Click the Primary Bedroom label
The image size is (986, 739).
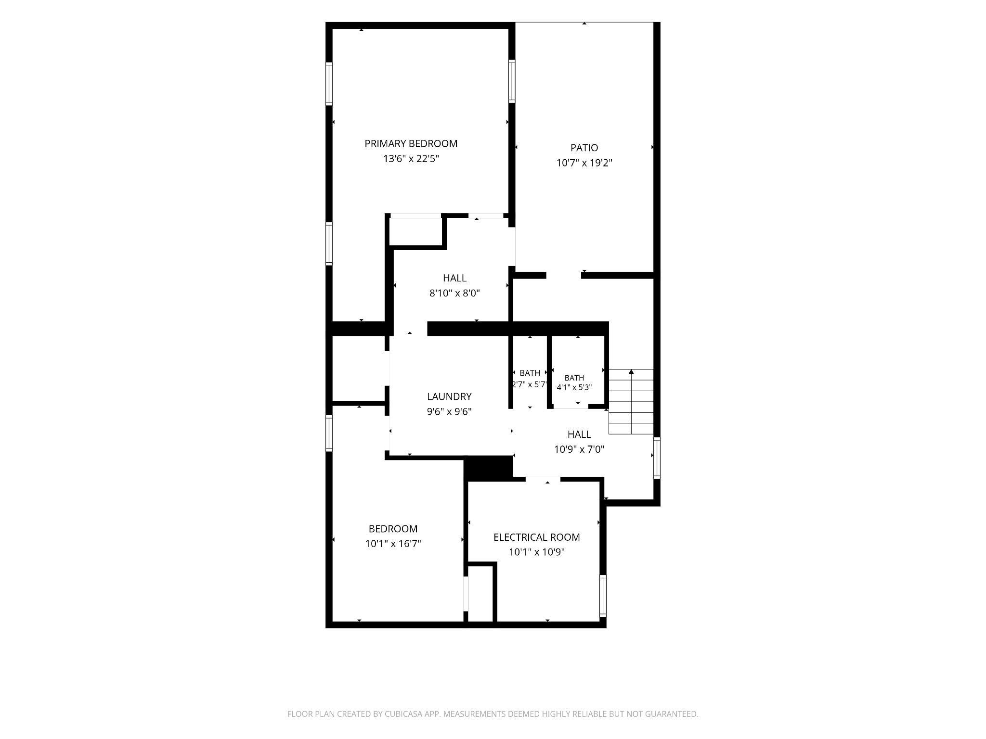point(411,143)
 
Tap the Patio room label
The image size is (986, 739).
point(584,148)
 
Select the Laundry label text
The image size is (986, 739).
point(449,396)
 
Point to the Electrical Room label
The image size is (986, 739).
point(536,537)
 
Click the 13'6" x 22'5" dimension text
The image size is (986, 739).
point(411,159)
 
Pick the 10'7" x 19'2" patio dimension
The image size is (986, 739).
point(584,163)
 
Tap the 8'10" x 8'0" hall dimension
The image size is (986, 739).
point(454,293)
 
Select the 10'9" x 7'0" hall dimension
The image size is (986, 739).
point(579,449)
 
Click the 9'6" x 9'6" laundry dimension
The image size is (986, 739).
point(449,411)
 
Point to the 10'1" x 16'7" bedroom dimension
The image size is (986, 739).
point(393,544)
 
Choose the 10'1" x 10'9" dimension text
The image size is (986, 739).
point(536,552)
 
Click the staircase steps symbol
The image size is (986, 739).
point(631,402)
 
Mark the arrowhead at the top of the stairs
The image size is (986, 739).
point(631,371)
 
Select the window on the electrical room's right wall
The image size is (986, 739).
point(603,596)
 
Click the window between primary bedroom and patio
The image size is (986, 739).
point(512,81)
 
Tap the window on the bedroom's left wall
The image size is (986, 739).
point(329,433)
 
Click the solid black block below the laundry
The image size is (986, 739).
point(488,468)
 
